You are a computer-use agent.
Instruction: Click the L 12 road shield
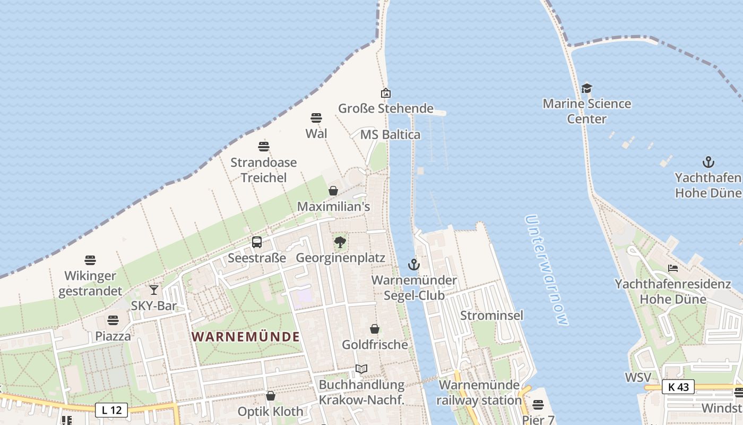click(111, 410)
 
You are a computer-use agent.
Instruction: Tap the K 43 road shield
click(678, 387)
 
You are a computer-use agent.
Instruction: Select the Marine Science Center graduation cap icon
click(586, 88)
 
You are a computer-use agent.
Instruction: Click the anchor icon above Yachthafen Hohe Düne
click(708, 161)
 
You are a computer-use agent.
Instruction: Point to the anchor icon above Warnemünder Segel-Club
click(413, 264)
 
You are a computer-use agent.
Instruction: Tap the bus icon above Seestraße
click(257, 242)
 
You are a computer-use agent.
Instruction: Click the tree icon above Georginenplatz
click(340, 243)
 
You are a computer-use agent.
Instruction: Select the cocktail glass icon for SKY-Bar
click(154, 290)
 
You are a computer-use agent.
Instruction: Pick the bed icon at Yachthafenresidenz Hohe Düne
click(673, 268)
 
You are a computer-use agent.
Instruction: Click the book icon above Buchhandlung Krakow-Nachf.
click(361, 369)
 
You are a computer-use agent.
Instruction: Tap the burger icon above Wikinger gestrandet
click(90, 260)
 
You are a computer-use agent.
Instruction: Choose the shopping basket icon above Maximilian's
click(333, 191)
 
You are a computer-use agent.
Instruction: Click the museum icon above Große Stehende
click(386, 93)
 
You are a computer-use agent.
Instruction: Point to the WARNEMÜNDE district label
click(246, 336)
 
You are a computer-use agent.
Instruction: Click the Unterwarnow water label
click(547, 270)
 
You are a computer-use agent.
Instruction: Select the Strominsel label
click(491, 316)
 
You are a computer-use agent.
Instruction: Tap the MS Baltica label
click(390, 135)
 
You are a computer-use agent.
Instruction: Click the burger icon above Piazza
click(113, 320)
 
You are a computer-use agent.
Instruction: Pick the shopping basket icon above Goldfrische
click(375, 329)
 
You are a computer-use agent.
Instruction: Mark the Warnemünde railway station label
click(479, 392)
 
